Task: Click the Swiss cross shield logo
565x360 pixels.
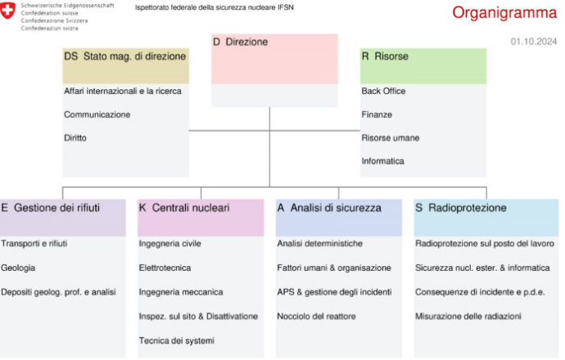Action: (x=7, y=10)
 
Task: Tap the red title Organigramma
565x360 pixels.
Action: (x=504, y=13)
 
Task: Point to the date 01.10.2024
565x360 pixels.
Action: (x=534, y=42)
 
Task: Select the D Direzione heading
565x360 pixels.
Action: (x=241, y=42)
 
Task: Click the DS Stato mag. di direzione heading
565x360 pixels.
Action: (x=125, y=56)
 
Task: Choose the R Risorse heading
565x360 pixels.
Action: (x=385, y=56)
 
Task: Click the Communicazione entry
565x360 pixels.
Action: (x=97, y=115)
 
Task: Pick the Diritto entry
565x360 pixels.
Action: (x=75, y=138)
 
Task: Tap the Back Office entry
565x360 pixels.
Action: (x=383, y=91)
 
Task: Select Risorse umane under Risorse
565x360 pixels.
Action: (x=391, y=138)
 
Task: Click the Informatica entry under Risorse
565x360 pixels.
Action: (x=383, y=161)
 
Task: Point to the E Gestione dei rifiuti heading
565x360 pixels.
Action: (x=51, y=208)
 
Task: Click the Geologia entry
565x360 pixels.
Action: (x=18, y=268)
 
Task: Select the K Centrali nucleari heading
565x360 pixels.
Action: (x=184, y=208)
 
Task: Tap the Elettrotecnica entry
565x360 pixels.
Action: (x=165, y=268)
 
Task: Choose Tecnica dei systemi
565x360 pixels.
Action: (x=177, y=340)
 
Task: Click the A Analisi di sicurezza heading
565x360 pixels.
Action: (x=329, y=208)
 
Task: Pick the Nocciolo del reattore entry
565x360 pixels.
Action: (x=316, y=317)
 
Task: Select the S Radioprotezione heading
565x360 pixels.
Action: (x=461, y=208)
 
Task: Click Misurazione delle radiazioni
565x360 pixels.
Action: (x=468, y=317)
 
